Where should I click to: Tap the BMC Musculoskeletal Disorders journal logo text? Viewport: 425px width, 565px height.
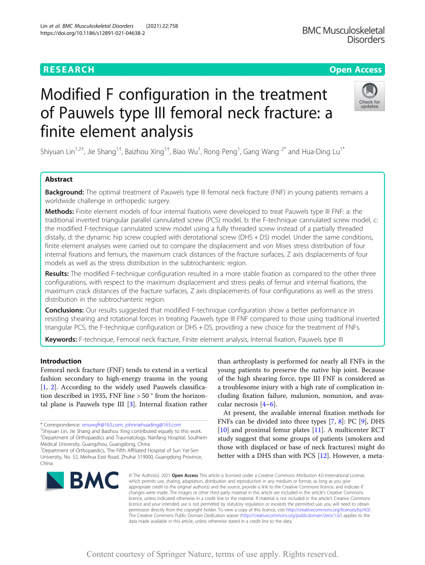point(343,35)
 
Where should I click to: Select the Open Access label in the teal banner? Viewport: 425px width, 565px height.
point(355,70)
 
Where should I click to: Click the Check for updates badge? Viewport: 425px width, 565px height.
point(369,96)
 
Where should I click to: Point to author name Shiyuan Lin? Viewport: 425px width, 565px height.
point(59,152)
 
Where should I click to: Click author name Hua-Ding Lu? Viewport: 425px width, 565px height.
point(319,152)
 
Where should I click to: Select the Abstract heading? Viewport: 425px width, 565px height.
point(58,179)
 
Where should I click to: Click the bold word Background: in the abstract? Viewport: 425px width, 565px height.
point(64,192)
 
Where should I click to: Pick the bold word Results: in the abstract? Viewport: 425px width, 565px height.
point(57,273)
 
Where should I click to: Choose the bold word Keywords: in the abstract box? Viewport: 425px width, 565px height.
point(61,339)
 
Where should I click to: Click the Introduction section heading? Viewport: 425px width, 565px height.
point(60,361)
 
